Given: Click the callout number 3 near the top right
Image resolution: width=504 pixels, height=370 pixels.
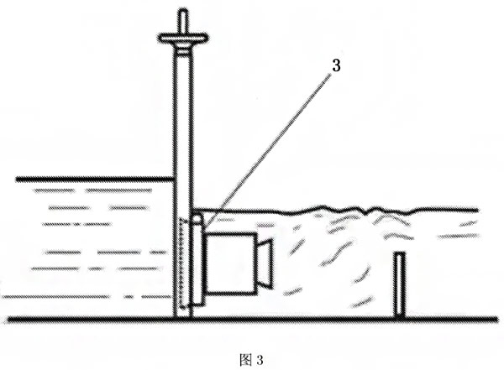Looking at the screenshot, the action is pos(336,65).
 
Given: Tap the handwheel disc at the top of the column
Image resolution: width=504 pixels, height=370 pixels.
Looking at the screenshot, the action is pos(183,38).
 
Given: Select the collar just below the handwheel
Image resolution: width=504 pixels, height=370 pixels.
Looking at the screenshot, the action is pos(183,50).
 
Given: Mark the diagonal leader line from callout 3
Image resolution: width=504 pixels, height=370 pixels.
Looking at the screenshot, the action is pos(269,148).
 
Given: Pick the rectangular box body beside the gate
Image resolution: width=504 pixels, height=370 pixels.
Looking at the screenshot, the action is pos(230,263).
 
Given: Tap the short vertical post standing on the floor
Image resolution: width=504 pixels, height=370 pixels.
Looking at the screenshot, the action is pos(400,284).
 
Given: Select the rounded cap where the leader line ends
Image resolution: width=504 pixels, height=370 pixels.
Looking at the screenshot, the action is pos(198,221).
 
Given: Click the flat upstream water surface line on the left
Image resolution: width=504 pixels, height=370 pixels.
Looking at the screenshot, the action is pos(95,180).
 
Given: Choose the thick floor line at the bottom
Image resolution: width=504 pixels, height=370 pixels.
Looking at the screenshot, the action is pos(252,320).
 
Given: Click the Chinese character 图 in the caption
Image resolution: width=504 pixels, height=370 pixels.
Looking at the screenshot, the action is pos(246,360).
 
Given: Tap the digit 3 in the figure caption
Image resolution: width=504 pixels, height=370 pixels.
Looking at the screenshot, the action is pos(260,360).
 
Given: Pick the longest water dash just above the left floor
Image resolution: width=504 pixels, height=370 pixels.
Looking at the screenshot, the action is pos(55,296).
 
